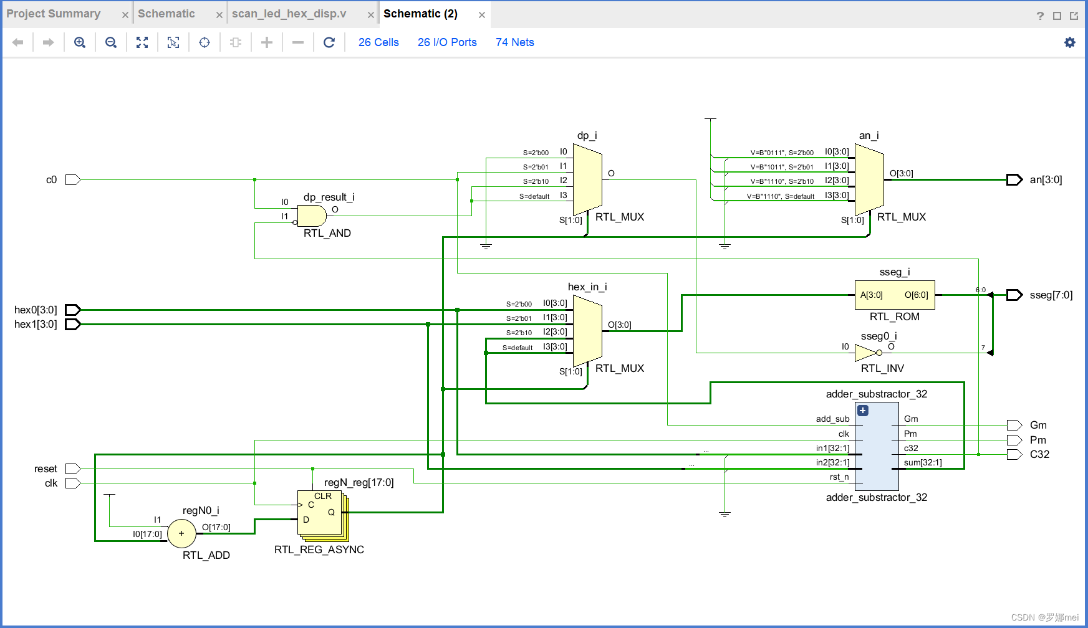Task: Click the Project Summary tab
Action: [x=54, y=14]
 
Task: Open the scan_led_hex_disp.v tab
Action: [x=289, y=14]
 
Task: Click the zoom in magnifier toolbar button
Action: [x=80, y=42]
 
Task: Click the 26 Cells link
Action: [x=378, y=42]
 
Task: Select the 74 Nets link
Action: [x=514, y=42]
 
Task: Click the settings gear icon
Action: [x=1069, y=42]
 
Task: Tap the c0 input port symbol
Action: [x=73, y=180]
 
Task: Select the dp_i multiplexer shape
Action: [x=587, y=179]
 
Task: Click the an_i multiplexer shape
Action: [x=869, y=179]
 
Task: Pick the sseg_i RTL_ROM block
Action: [x=894, y=295]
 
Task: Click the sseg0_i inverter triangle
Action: [x=865, y=353]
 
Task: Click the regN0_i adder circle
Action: [x=181, y=534]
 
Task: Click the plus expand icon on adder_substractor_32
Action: [x=863, y=411]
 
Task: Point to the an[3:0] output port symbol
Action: [x=1014, y=180]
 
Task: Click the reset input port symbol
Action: [x=73, y=469]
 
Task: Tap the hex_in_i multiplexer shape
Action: [x=587, y=331]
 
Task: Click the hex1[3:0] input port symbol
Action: [x=73, y=325]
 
